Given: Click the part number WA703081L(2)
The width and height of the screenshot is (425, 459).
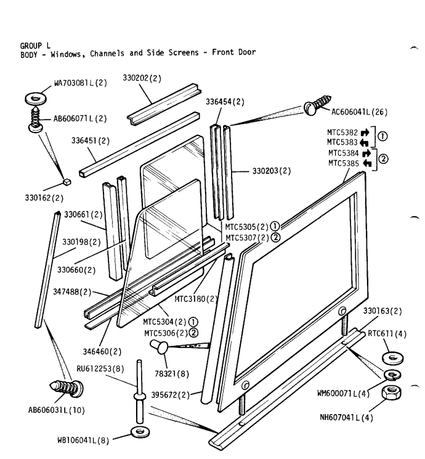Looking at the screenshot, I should click(x=75, y=84).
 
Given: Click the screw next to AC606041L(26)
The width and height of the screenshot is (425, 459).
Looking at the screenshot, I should click(x=320, y=103).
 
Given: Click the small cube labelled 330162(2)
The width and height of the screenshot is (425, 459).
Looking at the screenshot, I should click(x=65, y=182).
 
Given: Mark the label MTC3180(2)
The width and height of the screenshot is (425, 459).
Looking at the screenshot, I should click(x=196, y=299).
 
